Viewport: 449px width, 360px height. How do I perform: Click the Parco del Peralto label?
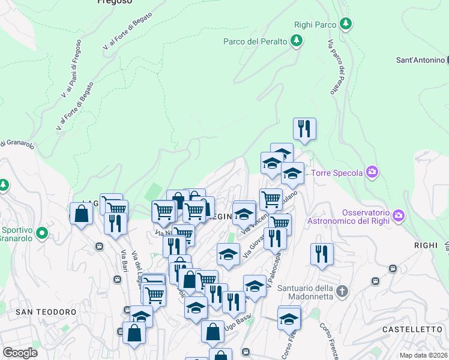tap(256, 41)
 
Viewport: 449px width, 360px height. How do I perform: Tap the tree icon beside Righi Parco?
tap(345, 24)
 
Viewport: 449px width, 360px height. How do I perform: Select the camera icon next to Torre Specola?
tap(372, 173)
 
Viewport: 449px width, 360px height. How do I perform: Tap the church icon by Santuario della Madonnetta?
tap(342, 292)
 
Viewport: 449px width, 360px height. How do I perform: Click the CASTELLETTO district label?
tap(412, 329)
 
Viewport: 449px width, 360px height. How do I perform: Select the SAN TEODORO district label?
tap(46, 312)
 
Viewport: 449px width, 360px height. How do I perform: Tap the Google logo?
tap(20, 353)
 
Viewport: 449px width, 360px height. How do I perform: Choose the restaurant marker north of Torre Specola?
tap(304, 128)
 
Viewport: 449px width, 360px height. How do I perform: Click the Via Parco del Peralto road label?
tap(336, 67)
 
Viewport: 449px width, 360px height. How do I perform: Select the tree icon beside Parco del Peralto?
tap(296, 41)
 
